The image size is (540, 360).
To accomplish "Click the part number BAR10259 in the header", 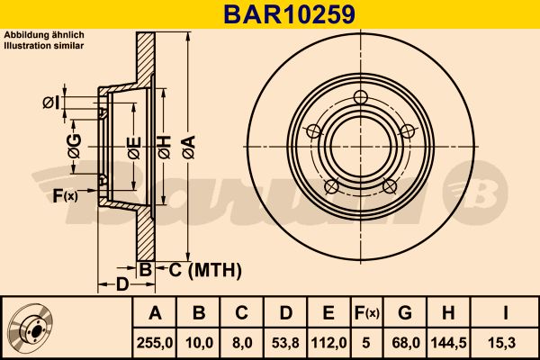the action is (289, 14).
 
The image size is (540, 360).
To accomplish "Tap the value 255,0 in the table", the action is (155, 343).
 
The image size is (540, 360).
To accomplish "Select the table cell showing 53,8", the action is (285, 343).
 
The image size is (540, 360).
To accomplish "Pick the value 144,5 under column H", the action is (449, 343).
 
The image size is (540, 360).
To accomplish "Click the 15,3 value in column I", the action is (506, 343).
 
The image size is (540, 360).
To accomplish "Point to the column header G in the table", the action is (405, 313).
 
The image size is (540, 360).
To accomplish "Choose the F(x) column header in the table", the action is (367, 313).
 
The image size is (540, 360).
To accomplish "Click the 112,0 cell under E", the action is (328, 343).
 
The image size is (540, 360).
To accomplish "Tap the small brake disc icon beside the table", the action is (30, 327).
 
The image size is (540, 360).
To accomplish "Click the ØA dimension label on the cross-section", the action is (189, 147).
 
